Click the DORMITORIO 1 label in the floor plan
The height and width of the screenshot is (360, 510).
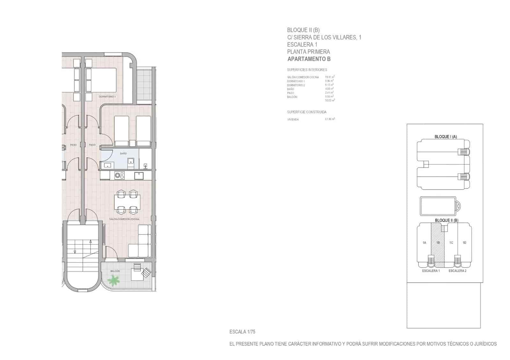coord(107,97)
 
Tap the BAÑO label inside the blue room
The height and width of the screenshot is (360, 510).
coord(123,154)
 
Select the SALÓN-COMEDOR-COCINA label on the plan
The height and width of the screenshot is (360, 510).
coord(124,219)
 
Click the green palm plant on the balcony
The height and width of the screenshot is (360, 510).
coord(113,280)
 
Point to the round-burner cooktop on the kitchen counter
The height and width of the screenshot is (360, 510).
coord(120,176)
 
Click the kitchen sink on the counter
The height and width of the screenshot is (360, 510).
coord(139,176)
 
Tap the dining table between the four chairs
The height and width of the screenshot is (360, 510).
coord(127,202)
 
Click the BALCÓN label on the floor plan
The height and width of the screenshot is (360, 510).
coord(115,271)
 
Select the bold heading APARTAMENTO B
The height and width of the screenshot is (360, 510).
coord(309,59)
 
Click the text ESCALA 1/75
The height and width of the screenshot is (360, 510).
coord(242,332)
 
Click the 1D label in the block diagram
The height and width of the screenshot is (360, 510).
coord(464,243)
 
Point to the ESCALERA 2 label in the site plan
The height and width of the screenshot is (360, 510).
coord(457,271)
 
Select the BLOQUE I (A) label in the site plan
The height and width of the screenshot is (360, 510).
coord(446,137)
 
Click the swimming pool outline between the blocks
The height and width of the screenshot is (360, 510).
coord(438,206)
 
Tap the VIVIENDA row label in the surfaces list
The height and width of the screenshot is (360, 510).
coord(293,119)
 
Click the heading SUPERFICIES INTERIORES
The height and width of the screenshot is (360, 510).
coord(307,70)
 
